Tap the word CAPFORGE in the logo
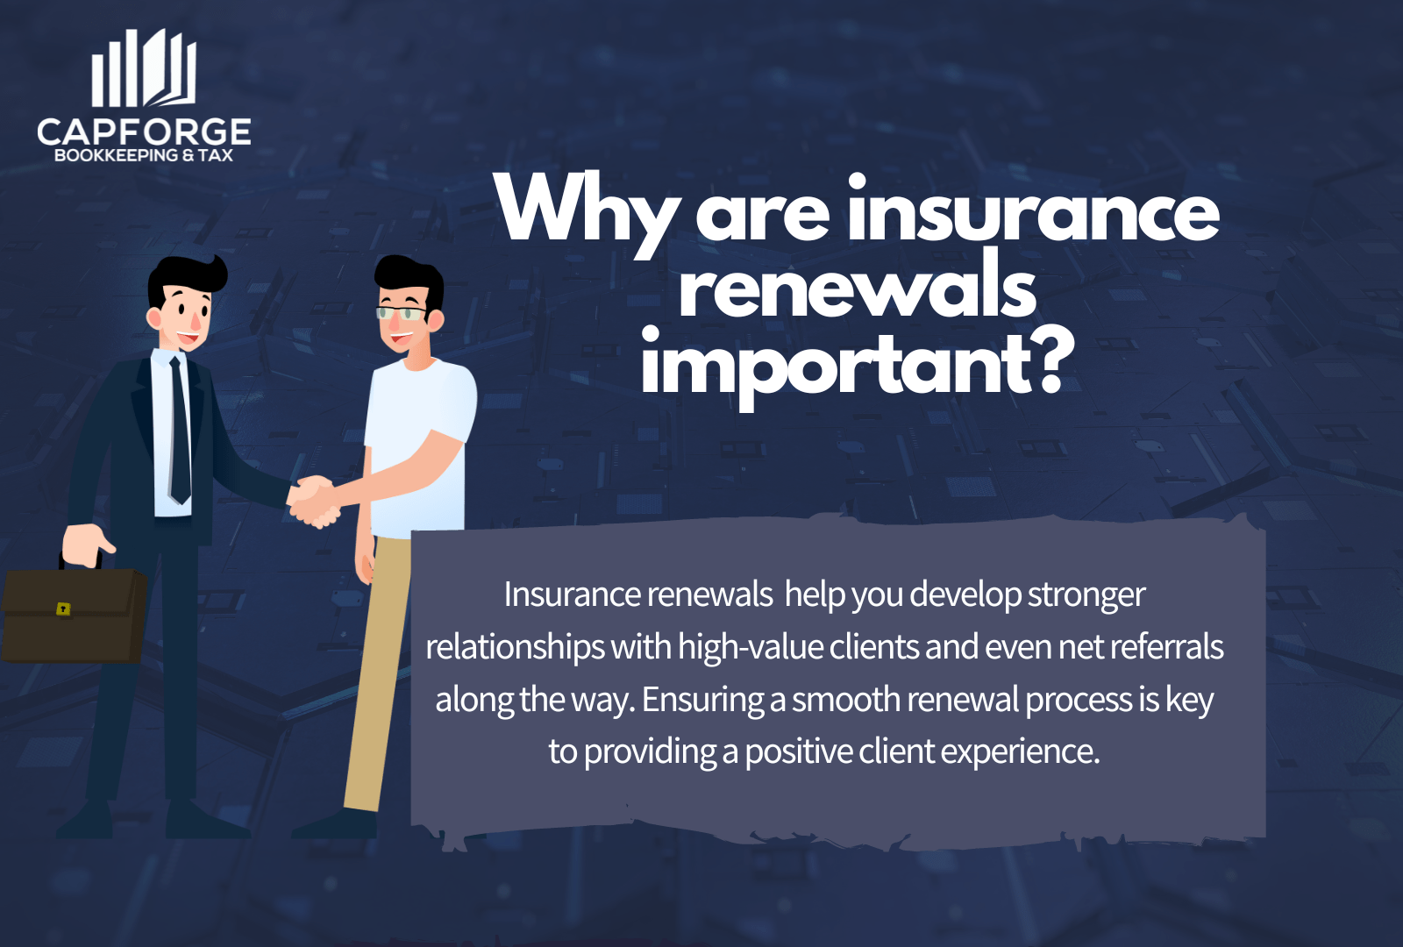click(x=144, y=132)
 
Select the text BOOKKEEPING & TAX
click(x=144, y=155)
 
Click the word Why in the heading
click(x=586, y=210)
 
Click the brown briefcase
click(x=74, y=614)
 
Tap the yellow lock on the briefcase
click(x=63, y=609)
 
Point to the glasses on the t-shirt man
click(x=402, y=312)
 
